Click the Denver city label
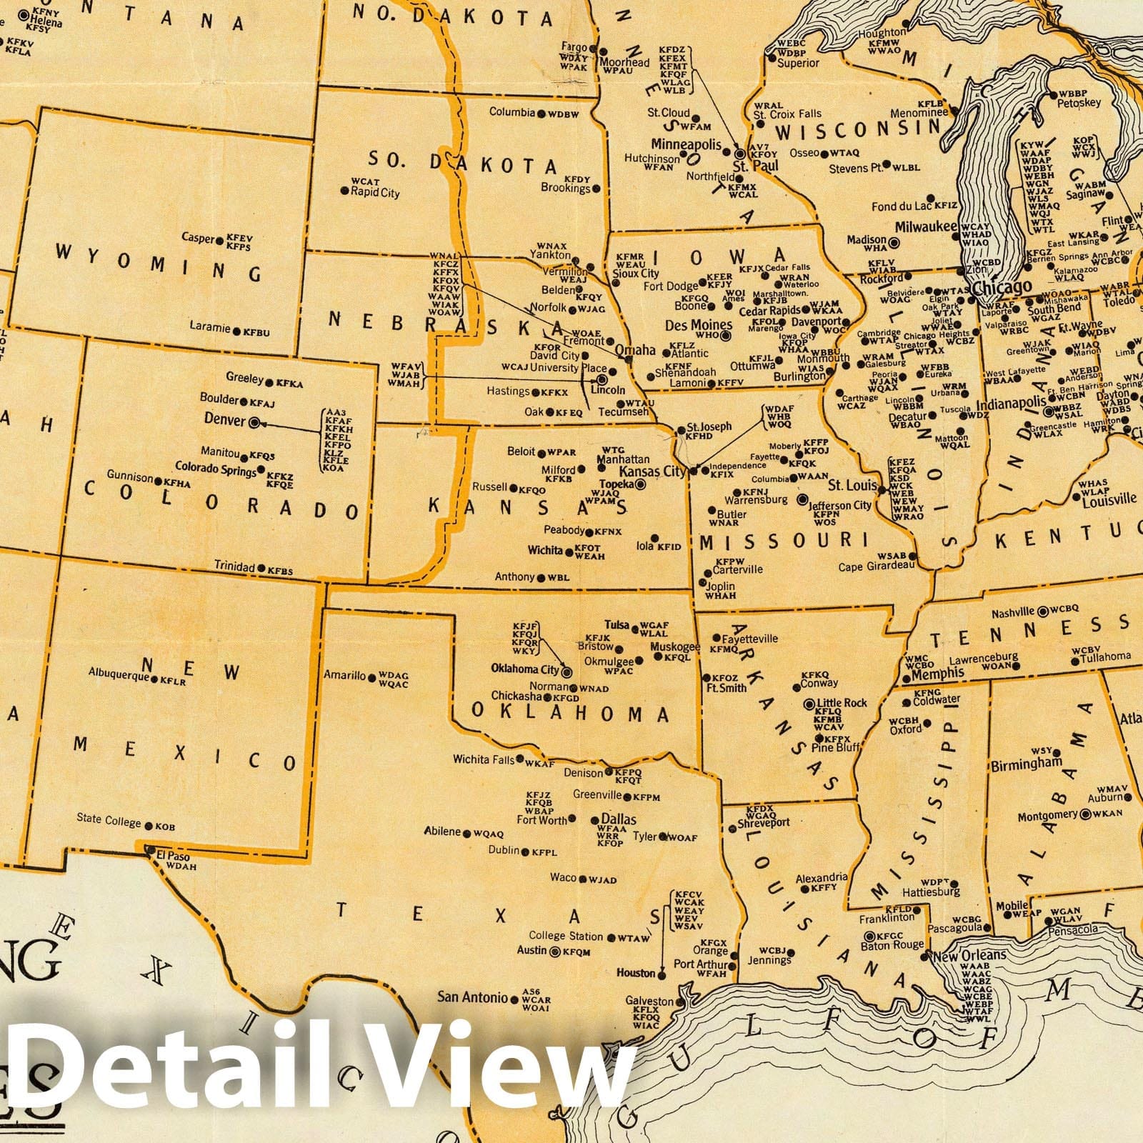tap(224, 419)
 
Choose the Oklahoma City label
tap(524, 669)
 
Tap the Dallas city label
tap(619, 819)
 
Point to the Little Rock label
tap(842, 703)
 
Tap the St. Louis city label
tap(852, 486)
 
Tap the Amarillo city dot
tap(371, 677)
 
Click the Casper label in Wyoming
tap(198, 238)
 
